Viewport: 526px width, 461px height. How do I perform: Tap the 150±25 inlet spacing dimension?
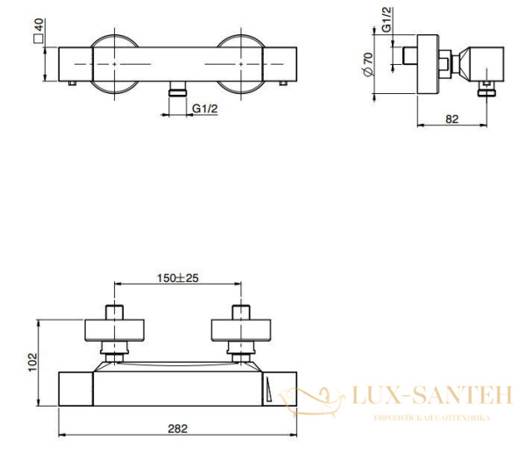178,278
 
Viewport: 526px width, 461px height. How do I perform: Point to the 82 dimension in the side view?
452,119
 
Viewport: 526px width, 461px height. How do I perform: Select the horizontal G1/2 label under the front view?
205,108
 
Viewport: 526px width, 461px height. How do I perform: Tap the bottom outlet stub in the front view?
179,90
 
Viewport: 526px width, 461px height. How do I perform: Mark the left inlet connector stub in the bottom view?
116,312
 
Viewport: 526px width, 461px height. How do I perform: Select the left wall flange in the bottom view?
116,330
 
